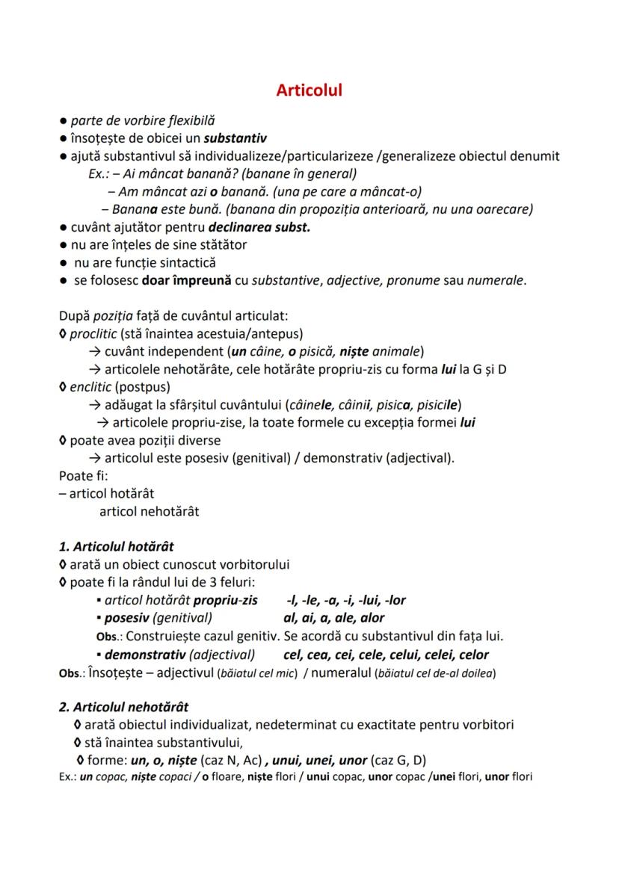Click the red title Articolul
pos(309,90)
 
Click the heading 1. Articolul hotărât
pos(117,546)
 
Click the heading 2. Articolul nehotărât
pos(123,707)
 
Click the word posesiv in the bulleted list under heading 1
pos(127,618)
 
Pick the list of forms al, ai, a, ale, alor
pos(334,618)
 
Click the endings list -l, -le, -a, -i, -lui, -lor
pos(345,600)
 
